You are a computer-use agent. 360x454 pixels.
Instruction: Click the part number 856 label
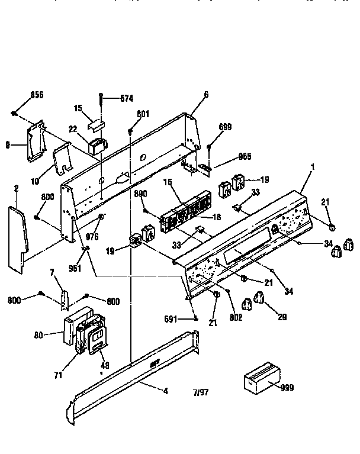pyautogui.click(x=36, y=95)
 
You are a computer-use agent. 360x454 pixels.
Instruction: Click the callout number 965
pyautogui.click(x=229, y=156)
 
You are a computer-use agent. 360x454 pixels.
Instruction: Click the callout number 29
pyautogui.click(x=282, y=317)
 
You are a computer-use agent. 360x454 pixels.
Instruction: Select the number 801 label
pyautogui.click(x=143, y=114)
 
